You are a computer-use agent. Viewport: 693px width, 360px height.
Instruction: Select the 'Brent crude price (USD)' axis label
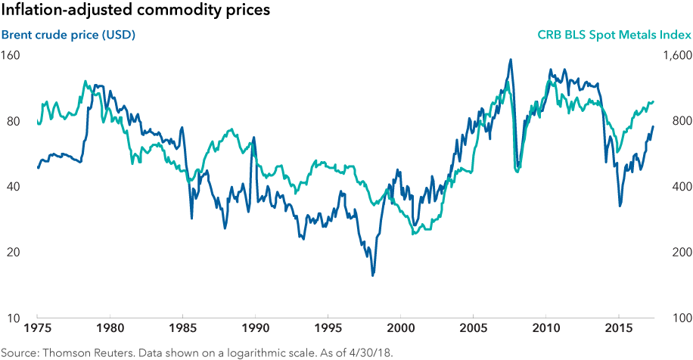68,35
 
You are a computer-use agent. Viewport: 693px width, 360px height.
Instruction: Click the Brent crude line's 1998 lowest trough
372,275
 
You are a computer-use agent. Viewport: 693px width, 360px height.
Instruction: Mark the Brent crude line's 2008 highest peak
511,60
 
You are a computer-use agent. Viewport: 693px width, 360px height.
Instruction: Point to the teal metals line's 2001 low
413,234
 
